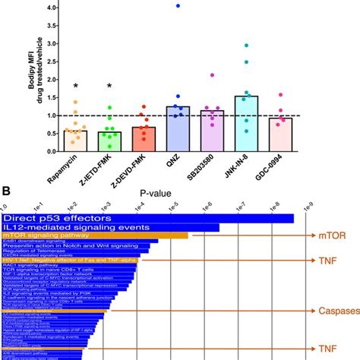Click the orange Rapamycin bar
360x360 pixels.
click(x=75, y=141)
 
